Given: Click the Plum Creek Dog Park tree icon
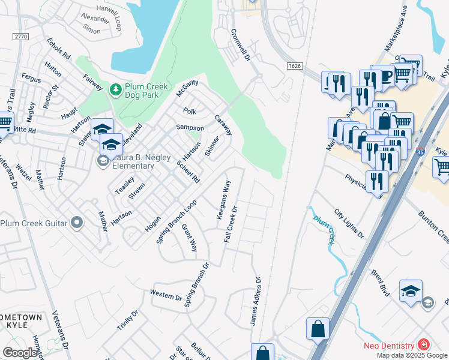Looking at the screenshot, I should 115,90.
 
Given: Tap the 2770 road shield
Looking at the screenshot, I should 21,37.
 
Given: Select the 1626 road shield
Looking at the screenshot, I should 294,66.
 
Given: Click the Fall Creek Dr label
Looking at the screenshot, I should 231,224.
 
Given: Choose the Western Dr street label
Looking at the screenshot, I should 166,296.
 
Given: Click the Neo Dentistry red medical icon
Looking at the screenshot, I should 423,345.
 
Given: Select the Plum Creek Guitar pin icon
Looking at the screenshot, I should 76,223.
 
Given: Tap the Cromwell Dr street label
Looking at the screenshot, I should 238,41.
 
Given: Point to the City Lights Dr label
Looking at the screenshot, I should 349,223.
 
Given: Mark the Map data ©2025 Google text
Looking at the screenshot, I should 412,355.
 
